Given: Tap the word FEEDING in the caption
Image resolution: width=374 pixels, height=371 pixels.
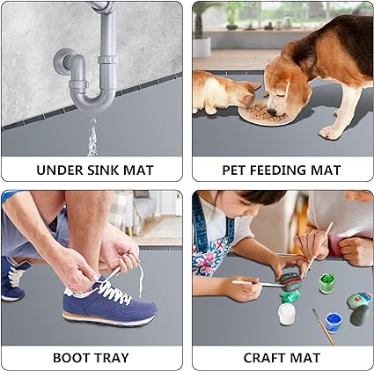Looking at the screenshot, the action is click(279, 171).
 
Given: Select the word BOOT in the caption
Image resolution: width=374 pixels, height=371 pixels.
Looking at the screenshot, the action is click(70, 358).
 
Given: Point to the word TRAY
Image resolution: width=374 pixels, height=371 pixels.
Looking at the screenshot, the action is click(111, 358).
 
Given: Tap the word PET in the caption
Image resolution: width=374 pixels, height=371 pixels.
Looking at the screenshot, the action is click(233, 171).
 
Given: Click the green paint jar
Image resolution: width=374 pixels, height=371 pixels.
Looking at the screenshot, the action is click(326, 283).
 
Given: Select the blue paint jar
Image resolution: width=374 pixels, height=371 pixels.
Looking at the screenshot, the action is click(334, 323).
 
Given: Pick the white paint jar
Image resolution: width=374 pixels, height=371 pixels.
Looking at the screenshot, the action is click(286, 314).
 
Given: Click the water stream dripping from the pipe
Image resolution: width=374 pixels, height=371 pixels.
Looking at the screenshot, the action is click(92, 135).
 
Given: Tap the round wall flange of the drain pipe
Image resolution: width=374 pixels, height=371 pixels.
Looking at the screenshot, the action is click(60, 61).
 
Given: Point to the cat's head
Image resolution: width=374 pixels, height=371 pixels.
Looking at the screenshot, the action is click(249, 94).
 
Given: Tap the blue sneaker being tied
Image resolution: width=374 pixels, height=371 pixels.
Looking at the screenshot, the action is click(109, 305).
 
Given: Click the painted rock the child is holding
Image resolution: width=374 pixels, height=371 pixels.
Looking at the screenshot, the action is click(290, 282).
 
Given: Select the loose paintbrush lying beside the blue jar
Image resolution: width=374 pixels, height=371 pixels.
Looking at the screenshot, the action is click(324, 326).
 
